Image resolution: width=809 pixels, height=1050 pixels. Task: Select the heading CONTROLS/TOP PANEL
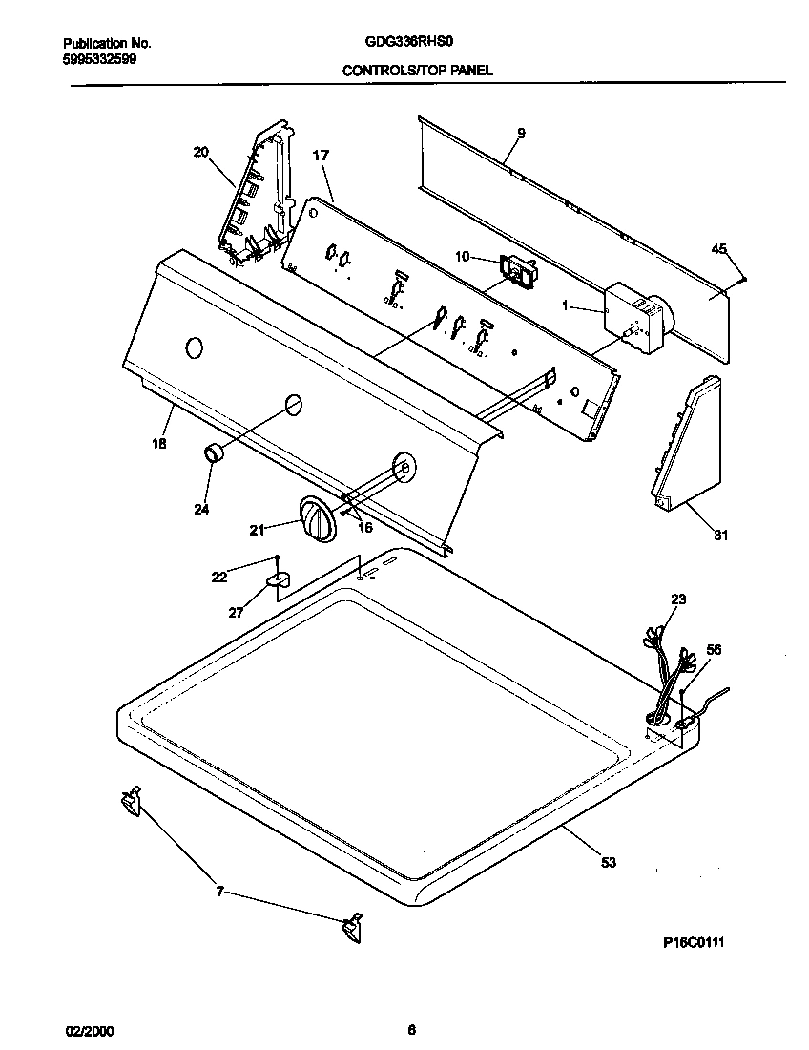coord(417,71)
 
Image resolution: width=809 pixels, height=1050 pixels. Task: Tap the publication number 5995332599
coord(100,58)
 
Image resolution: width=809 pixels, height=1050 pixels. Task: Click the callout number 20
coord(200,152)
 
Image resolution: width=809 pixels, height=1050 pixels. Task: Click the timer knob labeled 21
coord(316,520)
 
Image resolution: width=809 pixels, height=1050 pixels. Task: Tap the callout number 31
coord(720,535)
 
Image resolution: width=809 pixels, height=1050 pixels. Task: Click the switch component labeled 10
coord(517,272)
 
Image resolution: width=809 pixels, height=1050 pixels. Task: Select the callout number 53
coord(609,863)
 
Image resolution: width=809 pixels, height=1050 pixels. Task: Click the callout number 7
coord(219,892)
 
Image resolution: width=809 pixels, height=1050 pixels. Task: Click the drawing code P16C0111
coord(694,942)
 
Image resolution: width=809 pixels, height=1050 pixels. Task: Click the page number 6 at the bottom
coord(411,1029)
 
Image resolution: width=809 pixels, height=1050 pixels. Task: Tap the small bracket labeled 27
coord(279,578)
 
